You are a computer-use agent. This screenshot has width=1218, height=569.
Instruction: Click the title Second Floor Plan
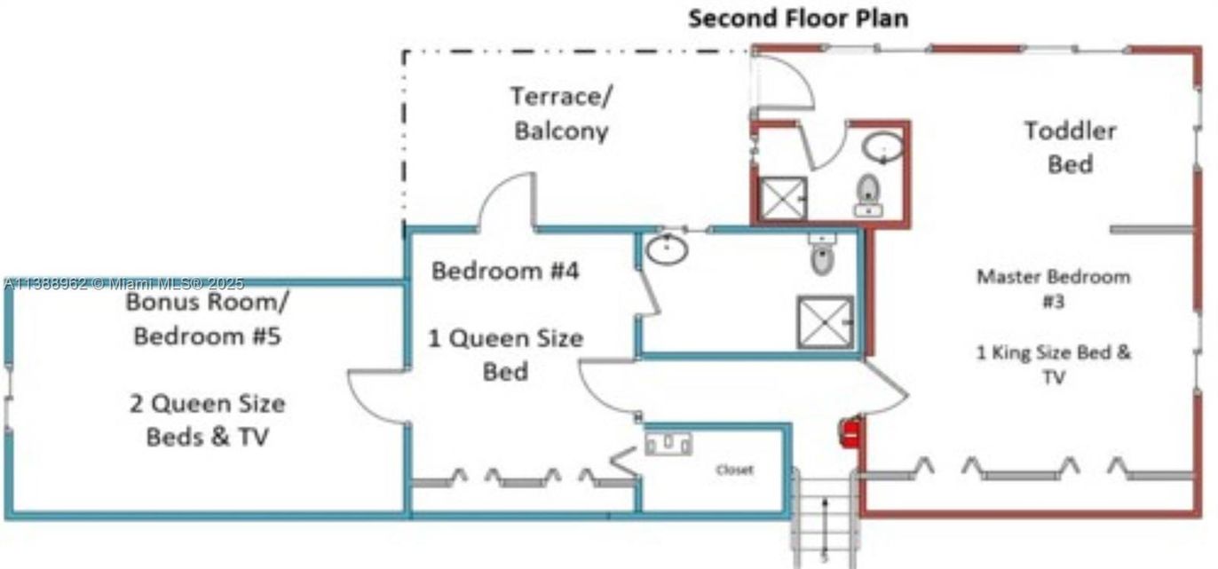(797, 18)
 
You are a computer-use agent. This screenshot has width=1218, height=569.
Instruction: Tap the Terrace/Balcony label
(561, 113)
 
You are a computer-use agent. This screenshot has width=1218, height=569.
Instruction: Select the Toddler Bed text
(1070, 147)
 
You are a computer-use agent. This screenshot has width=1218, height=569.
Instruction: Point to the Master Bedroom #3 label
(1053, 288)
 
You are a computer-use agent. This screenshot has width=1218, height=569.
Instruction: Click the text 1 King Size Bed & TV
(1053, 364)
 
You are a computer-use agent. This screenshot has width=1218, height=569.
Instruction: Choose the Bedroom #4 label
(505, 270)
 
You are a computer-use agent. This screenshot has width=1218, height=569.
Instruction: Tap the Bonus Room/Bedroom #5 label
(207, 319)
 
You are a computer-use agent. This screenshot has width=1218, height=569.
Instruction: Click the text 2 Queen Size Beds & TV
(207, 420)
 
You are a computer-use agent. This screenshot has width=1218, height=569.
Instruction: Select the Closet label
(734, 470)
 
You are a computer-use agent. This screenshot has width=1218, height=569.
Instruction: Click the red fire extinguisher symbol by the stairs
(850, 434)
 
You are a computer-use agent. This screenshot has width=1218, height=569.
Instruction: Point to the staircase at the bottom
(825, 519)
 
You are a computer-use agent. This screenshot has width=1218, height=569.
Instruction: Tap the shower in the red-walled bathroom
(783, 198)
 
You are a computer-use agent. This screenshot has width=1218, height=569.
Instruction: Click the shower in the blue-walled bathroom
(824, 321)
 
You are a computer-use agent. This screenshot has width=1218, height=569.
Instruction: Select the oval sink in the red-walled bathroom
(882, 146)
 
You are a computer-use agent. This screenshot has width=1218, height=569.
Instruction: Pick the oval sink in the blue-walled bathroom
(667, 249)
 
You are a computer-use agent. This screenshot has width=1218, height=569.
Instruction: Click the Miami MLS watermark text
(123, 284)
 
